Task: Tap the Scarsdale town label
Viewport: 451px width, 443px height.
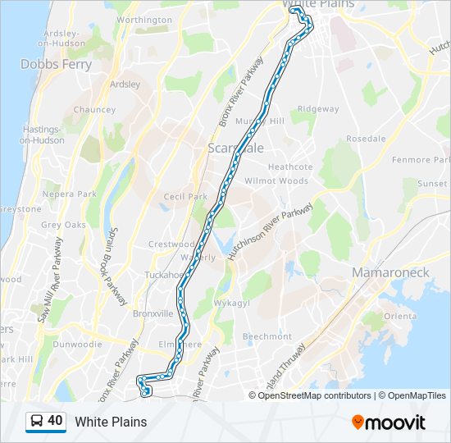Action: click(x=235, y=148)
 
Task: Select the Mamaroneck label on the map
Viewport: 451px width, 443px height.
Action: click(x=390, y=272)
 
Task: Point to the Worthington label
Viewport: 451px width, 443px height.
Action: click(x=144, y=20)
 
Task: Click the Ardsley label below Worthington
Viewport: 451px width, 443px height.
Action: click(x=125, y=84)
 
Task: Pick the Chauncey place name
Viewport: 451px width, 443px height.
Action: click(x=94, y=109)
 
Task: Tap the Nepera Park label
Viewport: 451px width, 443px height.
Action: click(x=70, y=194)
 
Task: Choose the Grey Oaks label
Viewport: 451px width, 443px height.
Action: click(x=63, y=225)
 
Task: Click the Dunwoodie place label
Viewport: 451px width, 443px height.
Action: click(x=76, y=345)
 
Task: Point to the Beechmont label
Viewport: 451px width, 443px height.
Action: click(x=266, y=336)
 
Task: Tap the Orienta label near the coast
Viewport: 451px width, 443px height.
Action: click(x=400, y=317)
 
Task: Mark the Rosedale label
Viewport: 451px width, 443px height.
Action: click(x=366, y=139)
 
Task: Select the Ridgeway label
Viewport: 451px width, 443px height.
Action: click(x=318, y=109)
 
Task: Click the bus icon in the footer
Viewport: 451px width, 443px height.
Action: click(x=36, y=422)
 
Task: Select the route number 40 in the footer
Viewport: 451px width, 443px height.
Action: click(x=56, y=421)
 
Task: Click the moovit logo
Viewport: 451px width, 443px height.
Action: click(x=389, y=422)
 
